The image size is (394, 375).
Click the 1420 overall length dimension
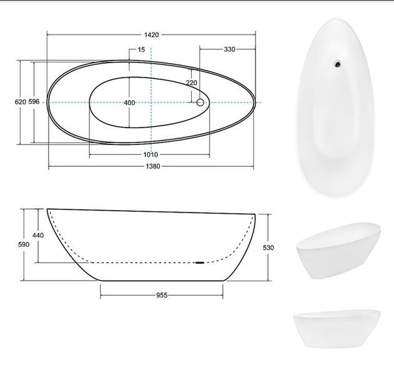(x=152, y=35)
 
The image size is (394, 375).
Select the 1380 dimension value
(x=153, y=166)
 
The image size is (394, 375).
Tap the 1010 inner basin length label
(x=150, y=154)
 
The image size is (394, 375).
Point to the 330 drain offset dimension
(x=229, y=49)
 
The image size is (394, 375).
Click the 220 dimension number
(x=192, y=82)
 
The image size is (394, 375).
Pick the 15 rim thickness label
(x=142, y=49)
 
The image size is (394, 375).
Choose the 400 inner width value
(x=129, y=102)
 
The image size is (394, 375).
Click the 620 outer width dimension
(x=21, y=102)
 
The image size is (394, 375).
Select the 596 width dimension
(x=34, y=102)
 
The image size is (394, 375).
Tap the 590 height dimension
(x=24, y=244)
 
